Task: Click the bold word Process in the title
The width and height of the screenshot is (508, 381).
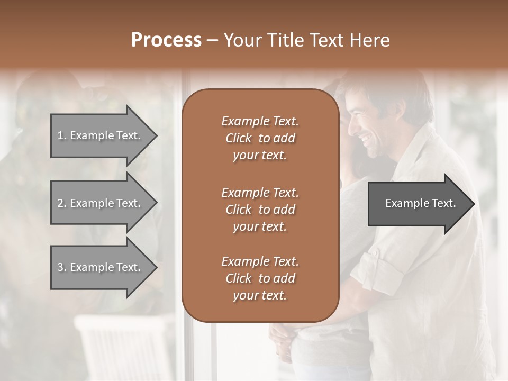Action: pyautogui.click(x=166, y=40)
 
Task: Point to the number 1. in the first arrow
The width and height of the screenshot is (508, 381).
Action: pyautogui.click(x=62, y=135)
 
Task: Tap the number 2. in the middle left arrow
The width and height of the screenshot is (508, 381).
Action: pyautogui.click(x=62, y=203)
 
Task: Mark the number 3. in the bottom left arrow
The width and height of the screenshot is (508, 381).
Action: pyautogui.click(x=62, y=267)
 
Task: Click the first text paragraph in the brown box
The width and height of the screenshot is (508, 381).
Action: pyautogui.click(x=260, y=138)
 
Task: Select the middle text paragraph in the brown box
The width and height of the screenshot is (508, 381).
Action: pyautogui.click(x=260, y=209)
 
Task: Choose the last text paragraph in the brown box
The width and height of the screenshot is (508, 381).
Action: pyautogui.click(x=260, y=278)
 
